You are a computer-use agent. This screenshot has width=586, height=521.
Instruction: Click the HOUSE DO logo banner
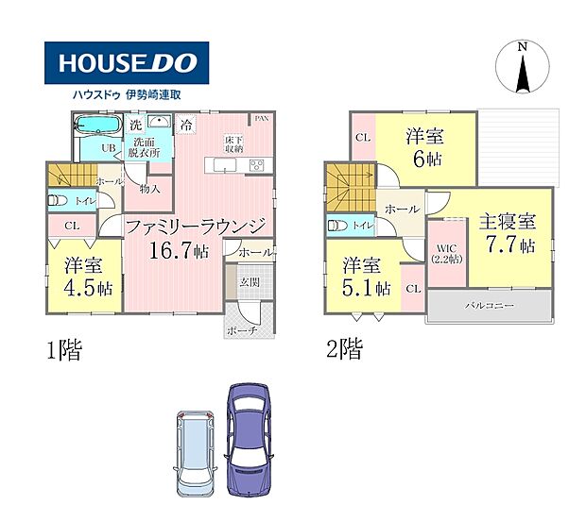tap(127, 62)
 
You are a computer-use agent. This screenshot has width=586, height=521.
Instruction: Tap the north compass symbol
tap(523, 67)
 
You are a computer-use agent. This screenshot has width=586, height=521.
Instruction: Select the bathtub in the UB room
tap(98, 125)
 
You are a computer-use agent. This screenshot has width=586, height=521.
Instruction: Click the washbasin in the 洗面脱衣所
tap(159, 121)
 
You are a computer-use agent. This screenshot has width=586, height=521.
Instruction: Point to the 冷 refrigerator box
tap(186, 125)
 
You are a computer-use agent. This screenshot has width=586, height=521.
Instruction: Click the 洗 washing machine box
tap(135, 125)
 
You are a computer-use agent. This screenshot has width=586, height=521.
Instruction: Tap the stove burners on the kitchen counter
tap(257, 164)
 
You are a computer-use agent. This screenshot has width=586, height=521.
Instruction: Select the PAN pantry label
tap(262, 118)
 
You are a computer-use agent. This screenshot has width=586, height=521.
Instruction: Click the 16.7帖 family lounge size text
tap(179, 250)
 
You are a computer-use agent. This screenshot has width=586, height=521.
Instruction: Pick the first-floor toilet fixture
tap(58, 200)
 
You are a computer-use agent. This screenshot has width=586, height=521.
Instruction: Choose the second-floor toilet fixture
tap(337, 225)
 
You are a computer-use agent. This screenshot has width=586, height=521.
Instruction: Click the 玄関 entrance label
tap(250, 282)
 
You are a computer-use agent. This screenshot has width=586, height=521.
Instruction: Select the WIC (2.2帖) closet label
tap(447, 253)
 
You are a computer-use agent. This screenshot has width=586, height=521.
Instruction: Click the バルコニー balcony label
tap(490, 306)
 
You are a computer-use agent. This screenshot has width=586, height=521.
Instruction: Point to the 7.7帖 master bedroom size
tap(509, 244)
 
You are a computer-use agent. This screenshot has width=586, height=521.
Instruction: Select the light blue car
tap(195, 454)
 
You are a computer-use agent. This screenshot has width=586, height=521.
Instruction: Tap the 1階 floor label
tap(63, 350)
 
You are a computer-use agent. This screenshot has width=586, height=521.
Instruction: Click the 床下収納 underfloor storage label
tap(234, 144)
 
